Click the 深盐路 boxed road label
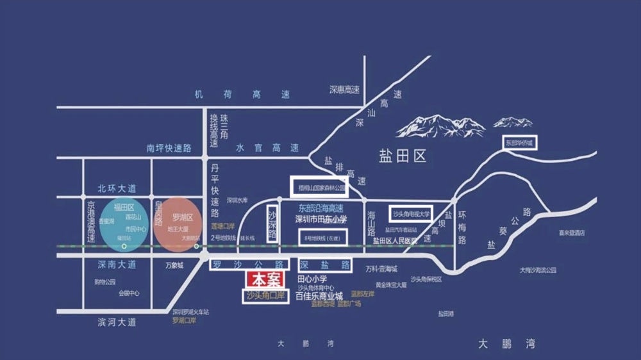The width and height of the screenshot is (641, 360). coord(325,264)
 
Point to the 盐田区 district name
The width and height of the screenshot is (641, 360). coord(403,156)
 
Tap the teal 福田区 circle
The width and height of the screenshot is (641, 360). coord(124,224)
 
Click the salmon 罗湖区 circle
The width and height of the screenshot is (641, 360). coord(178,224)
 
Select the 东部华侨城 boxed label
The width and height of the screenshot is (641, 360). coord(519,142)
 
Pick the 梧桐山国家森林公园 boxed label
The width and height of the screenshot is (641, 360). coord(319,187)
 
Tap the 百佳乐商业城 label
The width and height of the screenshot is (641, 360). coord(320,296)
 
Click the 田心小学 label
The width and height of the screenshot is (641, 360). coord(313,279)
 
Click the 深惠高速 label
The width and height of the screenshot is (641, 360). coord(345,90)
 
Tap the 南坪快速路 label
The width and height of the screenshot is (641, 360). coord(169,147)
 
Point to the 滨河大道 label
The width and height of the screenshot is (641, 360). coord(117,322)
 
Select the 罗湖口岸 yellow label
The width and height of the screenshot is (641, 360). coord(185,320)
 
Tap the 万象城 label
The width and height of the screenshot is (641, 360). coord(174,265)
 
